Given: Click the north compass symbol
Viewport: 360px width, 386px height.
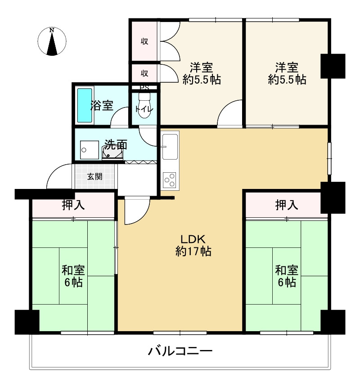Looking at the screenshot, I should (53, 42).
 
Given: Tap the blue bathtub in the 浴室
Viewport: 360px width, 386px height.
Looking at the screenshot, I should (84, 105).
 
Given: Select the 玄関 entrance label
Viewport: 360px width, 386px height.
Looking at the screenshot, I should (94, 176).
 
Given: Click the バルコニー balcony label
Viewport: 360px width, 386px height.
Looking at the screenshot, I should (180, 351).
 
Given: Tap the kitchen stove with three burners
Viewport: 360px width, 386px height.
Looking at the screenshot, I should (170, 180).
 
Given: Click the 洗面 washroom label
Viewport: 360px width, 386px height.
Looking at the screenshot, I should (116, 145).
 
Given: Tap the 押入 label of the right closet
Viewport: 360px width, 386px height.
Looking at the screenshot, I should (287, 206).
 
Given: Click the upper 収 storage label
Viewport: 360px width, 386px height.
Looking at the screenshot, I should (144, 42).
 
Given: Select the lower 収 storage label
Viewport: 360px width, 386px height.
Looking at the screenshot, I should (144, 73).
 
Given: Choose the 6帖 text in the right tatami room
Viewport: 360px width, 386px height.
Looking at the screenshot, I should (287, 283).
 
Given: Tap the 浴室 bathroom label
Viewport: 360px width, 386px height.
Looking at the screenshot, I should (102, 106).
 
